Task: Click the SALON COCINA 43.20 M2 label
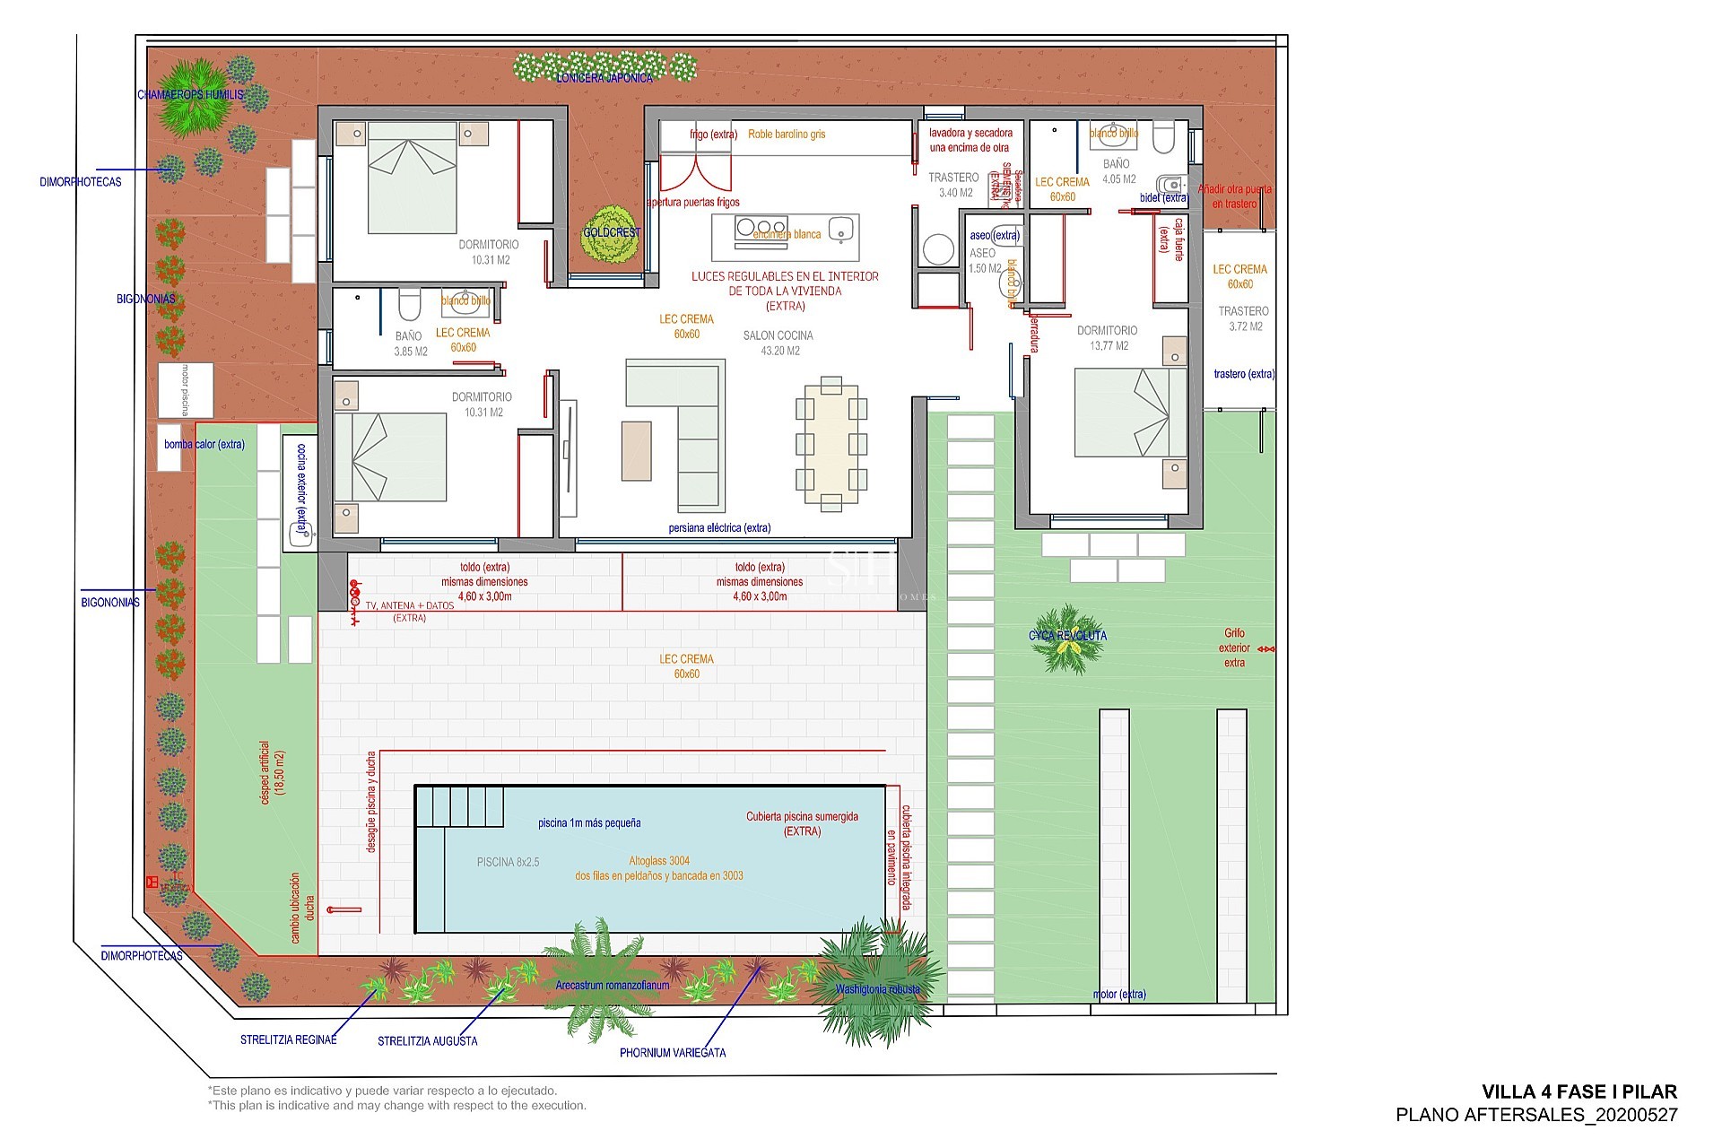[778, 343]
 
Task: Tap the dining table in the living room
[831, 444]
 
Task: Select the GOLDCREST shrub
[612, 234]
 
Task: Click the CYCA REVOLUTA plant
[1067, 639]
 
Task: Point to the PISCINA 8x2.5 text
[508, 862]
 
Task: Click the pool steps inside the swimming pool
[460, 805]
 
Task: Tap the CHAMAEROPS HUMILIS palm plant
[189, 96]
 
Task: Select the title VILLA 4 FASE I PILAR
[1578, 1091]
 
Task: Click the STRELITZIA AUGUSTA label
[427, 1041]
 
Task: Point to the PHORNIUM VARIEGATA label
[673, 1053]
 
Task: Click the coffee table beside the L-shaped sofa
[636, 450]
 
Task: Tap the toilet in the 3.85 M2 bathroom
[409, 305]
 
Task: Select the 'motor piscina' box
[186, 390]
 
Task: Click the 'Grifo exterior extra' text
[1234, 648]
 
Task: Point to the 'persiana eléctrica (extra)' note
[719, 528]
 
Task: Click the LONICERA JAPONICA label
[604, 78]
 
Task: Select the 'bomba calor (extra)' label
[204, 444]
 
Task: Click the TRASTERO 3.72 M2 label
[1244, 318]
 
